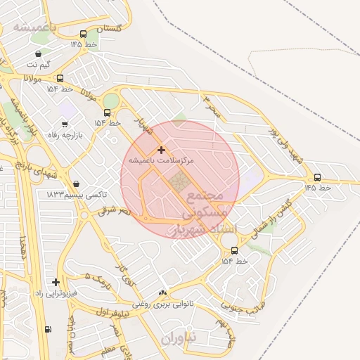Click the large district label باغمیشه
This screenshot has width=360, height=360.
34,27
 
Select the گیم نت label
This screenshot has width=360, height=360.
39,64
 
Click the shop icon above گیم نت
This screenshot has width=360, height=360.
38,53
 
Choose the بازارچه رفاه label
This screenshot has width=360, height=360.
65,134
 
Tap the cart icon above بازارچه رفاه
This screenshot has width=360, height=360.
65,124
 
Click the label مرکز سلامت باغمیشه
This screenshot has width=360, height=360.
162,160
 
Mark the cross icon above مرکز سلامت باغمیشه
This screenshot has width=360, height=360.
162,150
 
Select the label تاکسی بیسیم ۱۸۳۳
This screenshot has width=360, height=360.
77,194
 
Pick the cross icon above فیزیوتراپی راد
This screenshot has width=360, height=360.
56,282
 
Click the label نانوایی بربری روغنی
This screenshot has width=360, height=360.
163,304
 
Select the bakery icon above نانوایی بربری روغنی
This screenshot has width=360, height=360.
163,292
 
